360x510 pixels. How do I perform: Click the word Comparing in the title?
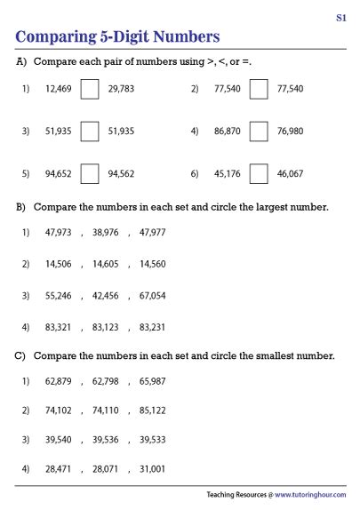[x=57, y=36]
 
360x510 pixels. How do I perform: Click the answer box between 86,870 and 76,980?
[x=260, y=131]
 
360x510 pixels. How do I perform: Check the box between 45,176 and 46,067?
[x=260, y=173]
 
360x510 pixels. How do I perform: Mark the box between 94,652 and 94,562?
[x=90, y=173]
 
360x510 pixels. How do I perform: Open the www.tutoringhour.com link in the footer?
[x=310, y=494]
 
